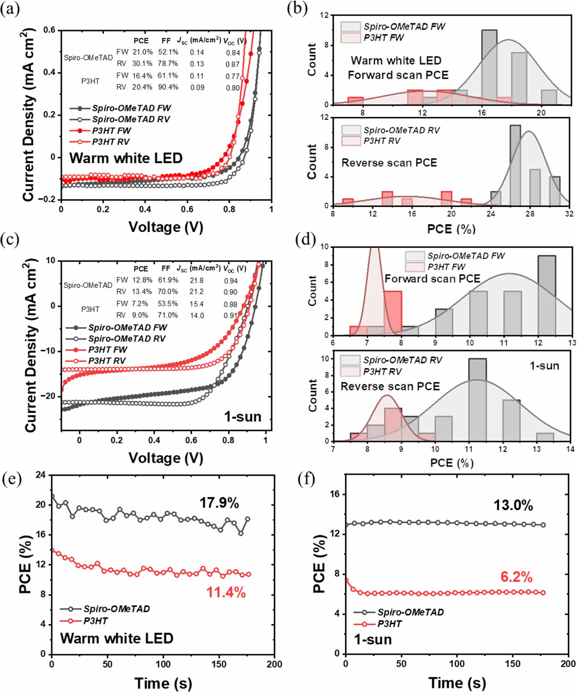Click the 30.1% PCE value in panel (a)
(142, 64)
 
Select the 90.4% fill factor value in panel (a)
(168, 87)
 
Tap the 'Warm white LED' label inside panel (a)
(126, 158)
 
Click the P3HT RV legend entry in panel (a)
(111, 142)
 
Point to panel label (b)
(297, 9)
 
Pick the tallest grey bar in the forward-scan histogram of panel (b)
(489, 67)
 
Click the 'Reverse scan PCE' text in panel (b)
(389, 163)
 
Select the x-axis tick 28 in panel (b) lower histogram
(530, 214)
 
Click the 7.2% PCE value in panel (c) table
(140, 304)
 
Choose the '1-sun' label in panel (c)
(243, 417)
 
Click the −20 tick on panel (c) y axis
(48, 396)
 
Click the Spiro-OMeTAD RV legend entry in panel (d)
(402, 360)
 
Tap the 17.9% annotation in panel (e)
(219, 503)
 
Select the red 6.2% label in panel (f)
(516, 577)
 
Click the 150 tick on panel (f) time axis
(512, 664)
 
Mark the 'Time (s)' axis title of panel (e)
(163, 683)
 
